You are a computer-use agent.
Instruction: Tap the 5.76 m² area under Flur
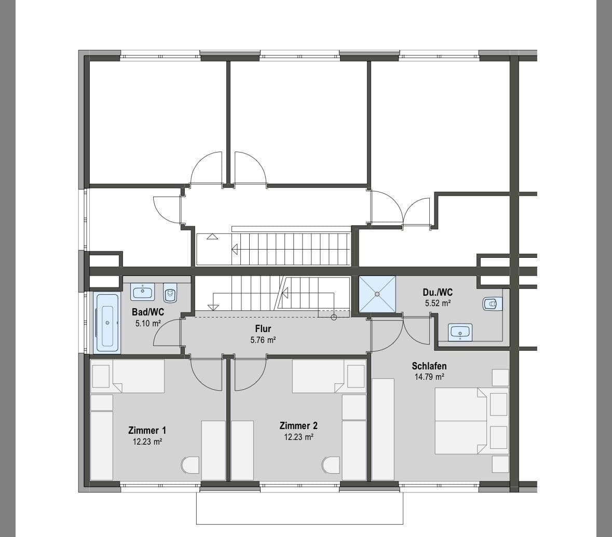(263, 340)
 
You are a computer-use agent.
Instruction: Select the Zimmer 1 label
(147, 430)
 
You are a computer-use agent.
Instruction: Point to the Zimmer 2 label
(298, 426)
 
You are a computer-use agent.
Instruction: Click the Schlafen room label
(429, 366)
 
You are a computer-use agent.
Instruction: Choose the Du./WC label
(438, 293)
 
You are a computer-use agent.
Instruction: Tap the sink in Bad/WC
(142, 292)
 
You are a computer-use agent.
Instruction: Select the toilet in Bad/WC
(170, 293)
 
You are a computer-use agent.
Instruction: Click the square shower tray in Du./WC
(377, 294)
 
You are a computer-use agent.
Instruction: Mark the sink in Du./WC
(460, 332)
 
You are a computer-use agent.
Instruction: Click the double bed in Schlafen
(461, 421)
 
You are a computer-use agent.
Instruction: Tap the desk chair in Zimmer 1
(190, 465)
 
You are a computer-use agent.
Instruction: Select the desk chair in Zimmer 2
(331, 464)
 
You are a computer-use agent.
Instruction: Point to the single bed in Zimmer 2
(318, 376)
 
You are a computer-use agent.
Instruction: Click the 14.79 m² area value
(429, 377)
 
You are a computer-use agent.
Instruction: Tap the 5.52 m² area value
(438, 304)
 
